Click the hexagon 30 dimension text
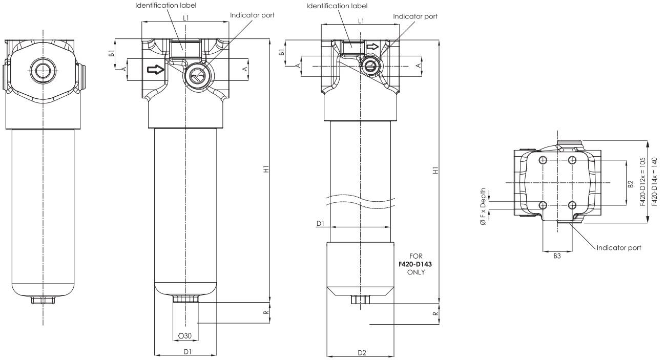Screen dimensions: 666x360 184,335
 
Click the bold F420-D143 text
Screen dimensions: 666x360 415,264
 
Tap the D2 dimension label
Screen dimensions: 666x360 362,353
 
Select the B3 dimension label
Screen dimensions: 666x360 557,256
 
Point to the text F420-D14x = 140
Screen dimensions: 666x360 654,182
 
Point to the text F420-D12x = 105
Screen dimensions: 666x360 642,182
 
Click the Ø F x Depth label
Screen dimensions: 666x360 483,206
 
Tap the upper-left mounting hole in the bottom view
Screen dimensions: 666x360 543,160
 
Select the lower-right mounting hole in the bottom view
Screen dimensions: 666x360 572,205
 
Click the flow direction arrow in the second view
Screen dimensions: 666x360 156,70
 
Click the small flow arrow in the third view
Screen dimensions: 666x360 372,47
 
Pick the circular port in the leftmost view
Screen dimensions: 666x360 43,71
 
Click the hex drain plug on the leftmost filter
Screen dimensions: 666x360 43,300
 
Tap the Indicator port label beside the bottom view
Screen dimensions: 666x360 619,248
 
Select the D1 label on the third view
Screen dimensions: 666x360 320,224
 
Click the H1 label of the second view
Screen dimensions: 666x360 266,169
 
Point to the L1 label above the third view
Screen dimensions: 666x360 361,21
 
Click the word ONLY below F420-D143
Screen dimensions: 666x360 415,272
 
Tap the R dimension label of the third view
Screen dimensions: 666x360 435,313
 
